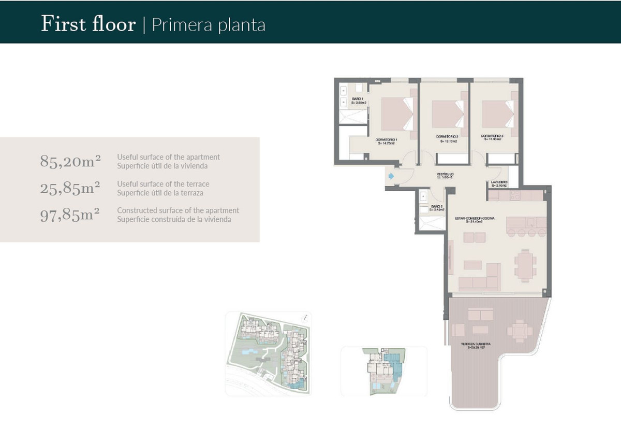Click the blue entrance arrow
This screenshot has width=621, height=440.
pos(391,177)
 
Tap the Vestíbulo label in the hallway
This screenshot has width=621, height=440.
pos(445,176)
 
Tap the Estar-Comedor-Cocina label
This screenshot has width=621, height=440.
pos(474,220)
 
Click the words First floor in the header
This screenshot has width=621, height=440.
pos(88,24)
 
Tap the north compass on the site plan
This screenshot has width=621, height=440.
pos(307,318)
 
